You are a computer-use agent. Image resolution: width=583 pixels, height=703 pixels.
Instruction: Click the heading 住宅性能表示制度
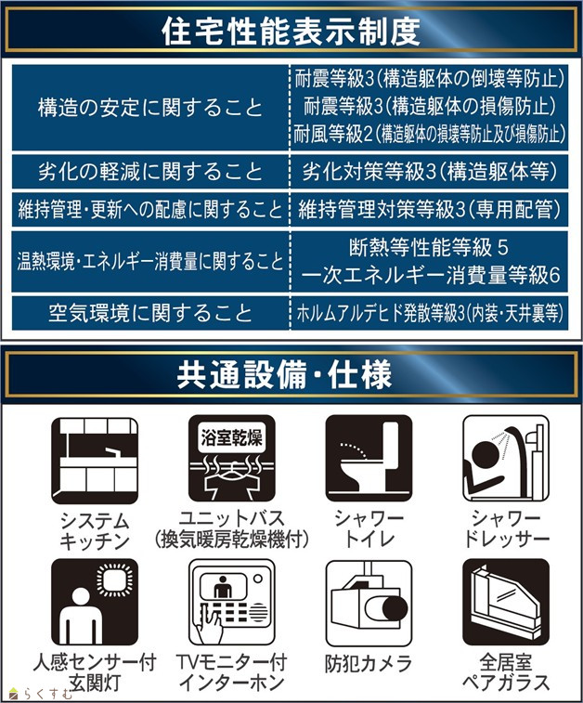(291, 32)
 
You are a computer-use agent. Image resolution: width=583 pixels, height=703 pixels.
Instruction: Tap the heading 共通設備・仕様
(284, 374)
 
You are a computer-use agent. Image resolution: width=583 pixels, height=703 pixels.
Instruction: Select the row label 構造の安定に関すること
(150, 108)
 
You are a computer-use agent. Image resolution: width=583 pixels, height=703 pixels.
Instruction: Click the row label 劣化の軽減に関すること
(150, 172)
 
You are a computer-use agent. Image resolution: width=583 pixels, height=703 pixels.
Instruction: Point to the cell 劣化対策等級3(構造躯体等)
(429, 171)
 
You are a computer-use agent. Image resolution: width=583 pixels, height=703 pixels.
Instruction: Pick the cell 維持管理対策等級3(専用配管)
(429, 209)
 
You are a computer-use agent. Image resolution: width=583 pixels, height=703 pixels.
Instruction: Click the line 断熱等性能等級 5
(429, 247)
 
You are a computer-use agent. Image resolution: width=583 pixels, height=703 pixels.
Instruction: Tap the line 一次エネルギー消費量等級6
(430, 275)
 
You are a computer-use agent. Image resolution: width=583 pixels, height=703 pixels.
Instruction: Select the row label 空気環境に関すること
(150, 312)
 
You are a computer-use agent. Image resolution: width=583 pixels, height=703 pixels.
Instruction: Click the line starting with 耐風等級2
(429, 134)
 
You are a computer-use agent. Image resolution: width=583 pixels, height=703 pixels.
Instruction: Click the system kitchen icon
(95, 461)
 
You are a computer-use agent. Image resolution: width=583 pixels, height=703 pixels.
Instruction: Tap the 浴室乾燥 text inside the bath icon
(232, 437)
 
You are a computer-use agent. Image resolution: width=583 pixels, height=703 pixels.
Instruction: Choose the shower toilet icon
(369, 458)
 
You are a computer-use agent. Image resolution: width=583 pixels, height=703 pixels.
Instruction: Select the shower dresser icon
(506, 458)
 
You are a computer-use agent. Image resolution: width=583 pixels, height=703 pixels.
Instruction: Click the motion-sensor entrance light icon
(95, 602)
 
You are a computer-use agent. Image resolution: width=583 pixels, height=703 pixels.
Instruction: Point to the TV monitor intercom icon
(232, 602)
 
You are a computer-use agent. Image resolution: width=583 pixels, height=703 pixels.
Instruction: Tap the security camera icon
(369, 602)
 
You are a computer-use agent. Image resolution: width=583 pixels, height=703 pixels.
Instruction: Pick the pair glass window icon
(506, 602)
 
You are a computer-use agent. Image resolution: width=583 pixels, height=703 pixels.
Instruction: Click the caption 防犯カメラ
(369, 664)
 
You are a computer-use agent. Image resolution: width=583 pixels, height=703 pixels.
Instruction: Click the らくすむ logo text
(47, 694)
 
